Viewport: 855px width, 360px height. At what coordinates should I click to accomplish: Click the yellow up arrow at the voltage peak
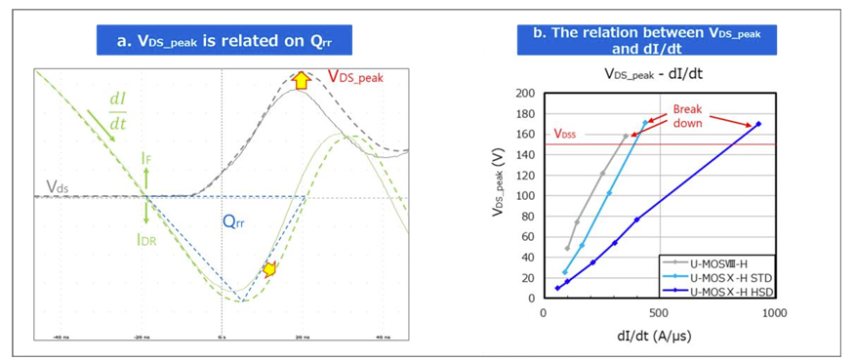[302, 80]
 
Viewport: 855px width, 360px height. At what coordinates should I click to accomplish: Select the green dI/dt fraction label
[117, 110]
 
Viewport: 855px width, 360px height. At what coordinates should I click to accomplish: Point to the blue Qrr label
[231, 221]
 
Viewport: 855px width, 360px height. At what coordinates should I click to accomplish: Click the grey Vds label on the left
[58, 186]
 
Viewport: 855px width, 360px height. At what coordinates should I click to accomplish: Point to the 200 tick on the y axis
[527, 94]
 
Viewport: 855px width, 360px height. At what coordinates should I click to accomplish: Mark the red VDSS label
[567, 135]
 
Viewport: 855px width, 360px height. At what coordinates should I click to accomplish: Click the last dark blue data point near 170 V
[757, 124]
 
